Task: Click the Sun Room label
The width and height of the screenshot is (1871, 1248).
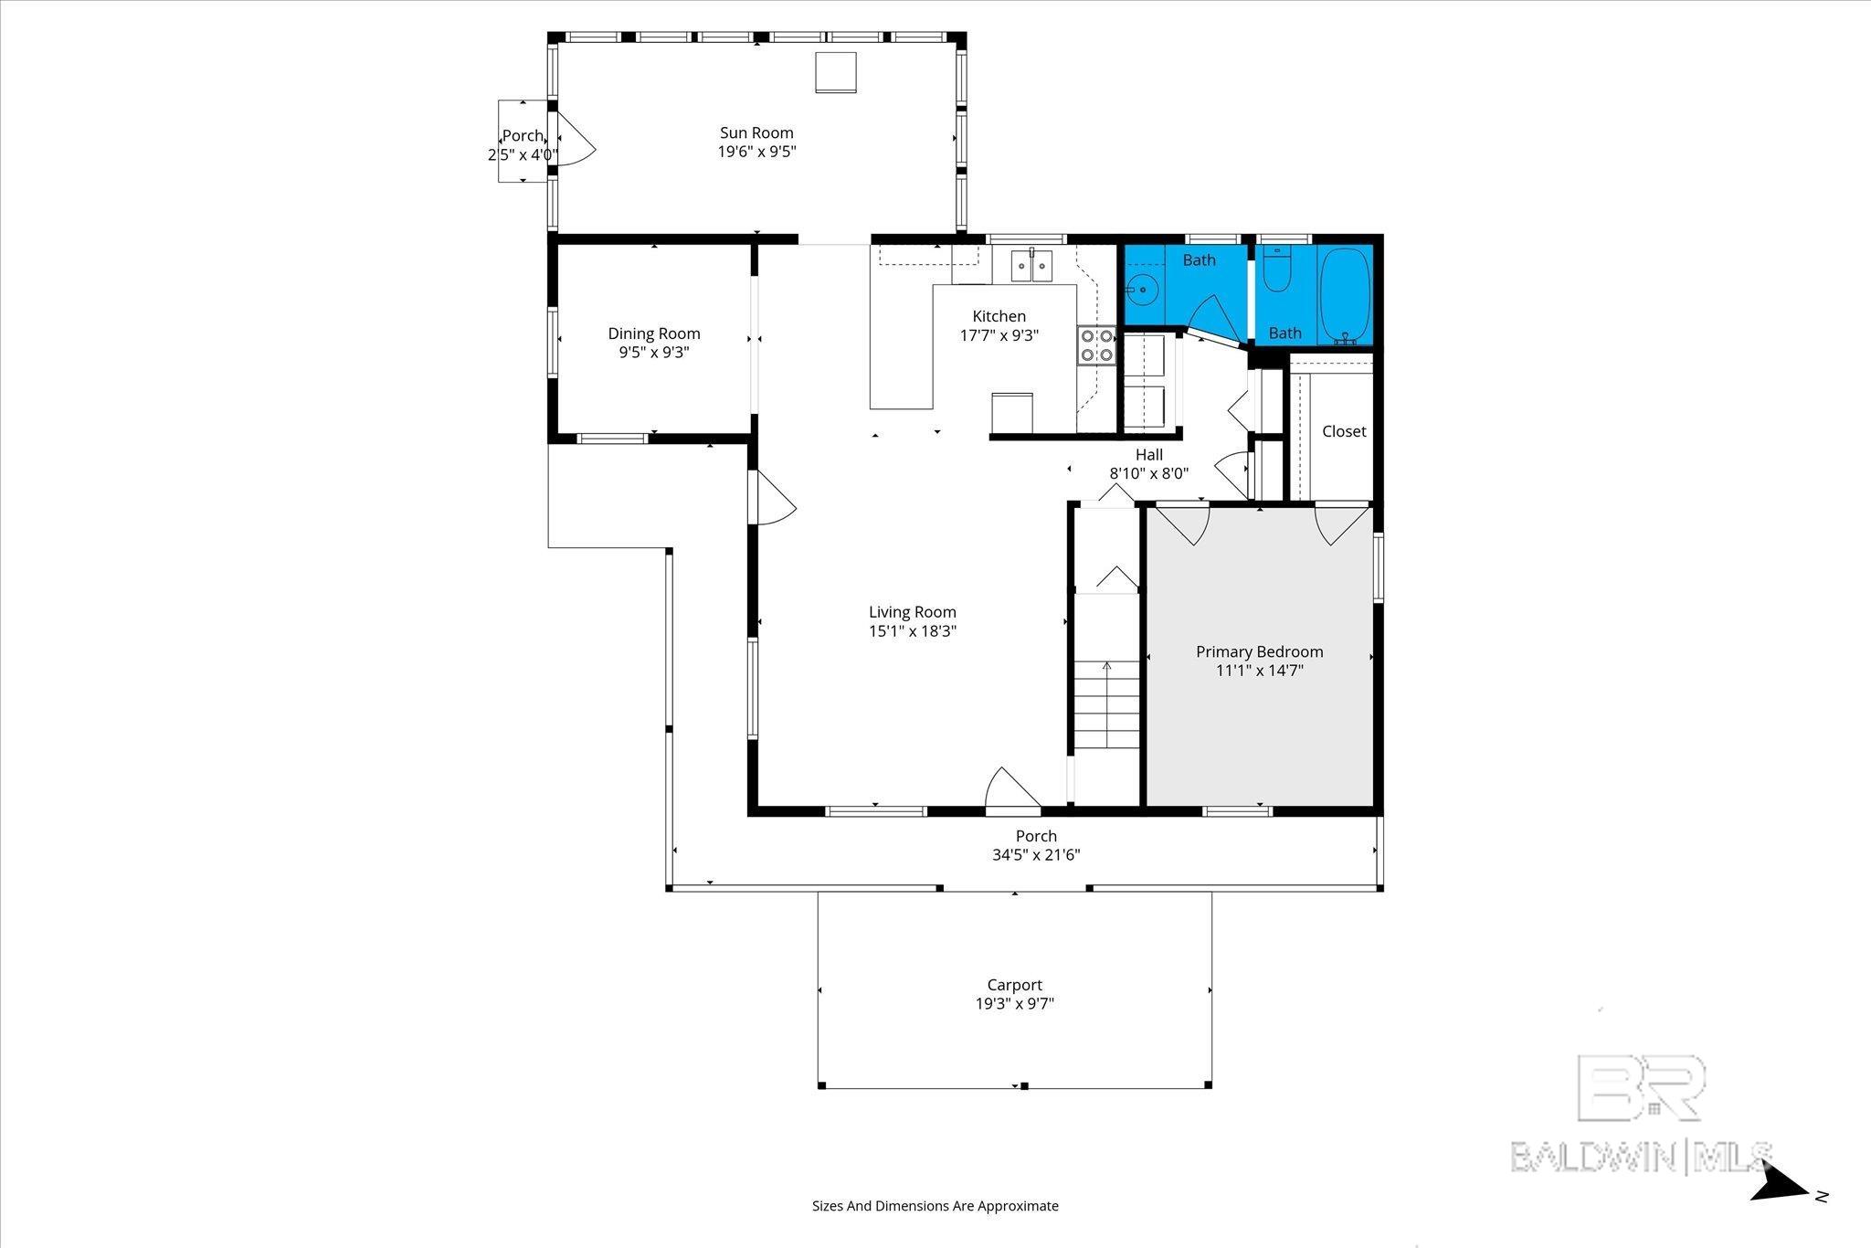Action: (x=756, y=133)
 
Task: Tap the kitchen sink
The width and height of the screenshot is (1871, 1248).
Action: (x=1031, y=266)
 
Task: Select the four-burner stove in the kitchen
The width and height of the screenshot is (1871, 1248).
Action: (x=1096, y=345)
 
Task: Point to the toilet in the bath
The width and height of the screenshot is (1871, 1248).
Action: (x=1276, y=270)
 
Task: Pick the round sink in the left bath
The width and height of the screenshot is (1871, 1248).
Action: (x=1141, y=291)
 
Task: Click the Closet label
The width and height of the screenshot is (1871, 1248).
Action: (x=1344, y=431)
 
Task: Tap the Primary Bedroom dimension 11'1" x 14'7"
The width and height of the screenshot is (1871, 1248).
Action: (x=1259, y=671)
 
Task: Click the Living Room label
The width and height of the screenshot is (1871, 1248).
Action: (x=912, y=612)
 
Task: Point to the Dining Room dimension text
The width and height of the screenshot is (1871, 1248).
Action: (x=654, y=353)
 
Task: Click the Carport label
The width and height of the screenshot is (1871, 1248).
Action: (x=1014, y=985)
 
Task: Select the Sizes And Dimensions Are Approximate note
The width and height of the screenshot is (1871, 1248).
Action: (x=935, y=1206)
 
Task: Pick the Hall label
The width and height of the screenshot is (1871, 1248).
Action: (x=1149, y=454)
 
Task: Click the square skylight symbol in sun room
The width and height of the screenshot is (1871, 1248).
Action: (x=835, y=72)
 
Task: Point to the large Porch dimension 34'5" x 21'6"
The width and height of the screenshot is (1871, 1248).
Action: (x=1036, y=855)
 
